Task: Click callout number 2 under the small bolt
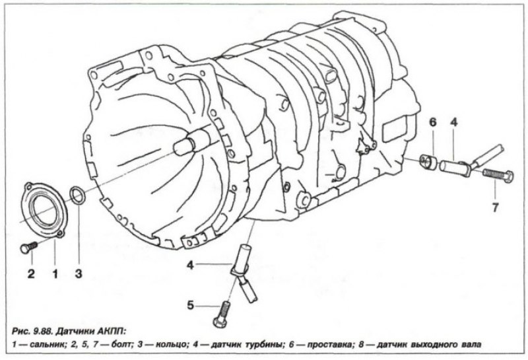click(x=31, y=273)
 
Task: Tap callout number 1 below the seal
click(x=55, y=273)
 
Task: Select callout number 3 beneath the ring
click(x=79, y=273)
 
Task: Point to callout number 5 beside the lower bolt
click(x=191, y=306)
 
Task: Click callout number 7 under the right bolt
click(x=495, y=207)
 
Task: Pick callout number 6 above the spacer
click(x=432, y=122)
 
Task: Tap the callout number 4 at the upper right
click(x=454, y=122)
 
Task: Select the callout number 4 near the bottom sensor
click(x=191, y=266)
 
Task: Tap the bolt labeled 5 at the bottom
click(x=222, y=313)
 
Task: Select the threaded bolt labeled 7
click(x=498, y=174)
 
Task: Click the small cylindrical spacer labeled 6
click(x=428, y=161)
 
